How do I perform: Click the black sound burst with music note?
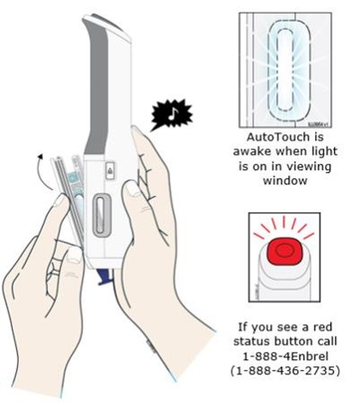171,114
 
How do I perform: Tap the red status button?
283,250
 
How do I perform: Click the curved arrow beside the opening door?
44,172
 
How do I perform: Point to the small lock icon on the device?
110,171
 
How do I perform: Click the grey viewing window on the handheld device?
102,215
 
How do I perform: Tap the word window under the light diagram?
285,181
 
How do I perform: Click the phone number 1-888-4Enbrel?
285,356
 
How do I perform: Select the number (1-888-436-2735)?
285,371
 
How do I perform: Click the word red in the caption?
322,327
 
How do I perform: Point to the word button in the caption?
292,341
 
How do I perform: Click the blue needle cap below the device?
105,276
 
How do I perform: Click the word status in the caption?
252,341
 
